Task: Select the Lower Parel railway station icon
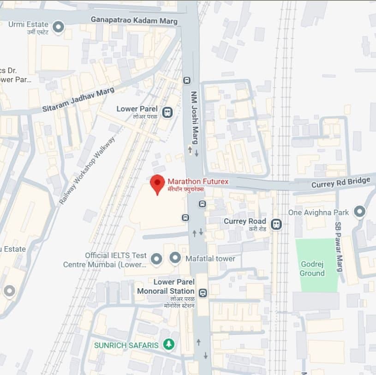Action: pyautogui.click(x=167, y=111)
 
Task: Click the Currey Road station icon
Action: pyautogui.click(x=276, y=224)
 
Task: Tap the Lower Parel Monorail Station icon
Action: pyautogui.click(x=203, y=292)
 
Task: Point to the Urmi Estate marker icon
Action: pyautogui.click(x=58, y=27)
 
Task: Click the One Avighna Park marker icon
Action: pyautogui.click(x=359, y=212)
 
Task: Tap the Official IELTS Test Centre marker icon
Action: pyautogui.click(x=156, y=259)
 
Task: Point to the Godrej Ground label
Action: pyautogui.click(x=312, y=268)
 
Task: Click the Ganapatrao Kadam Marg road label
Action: pyautogui.click(x=134, y=20)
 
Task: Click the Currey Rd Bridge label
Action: pyautogui.click(x=341, y=182)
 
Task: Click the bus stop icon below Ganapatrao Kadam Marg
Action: pyautogui.click(x=187, y=80)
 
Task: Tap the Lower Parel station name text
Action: pyautogui.click(x=137, y=109)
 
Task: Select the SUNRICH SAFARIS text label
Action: pyautogui.click(x=126, y=345)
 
